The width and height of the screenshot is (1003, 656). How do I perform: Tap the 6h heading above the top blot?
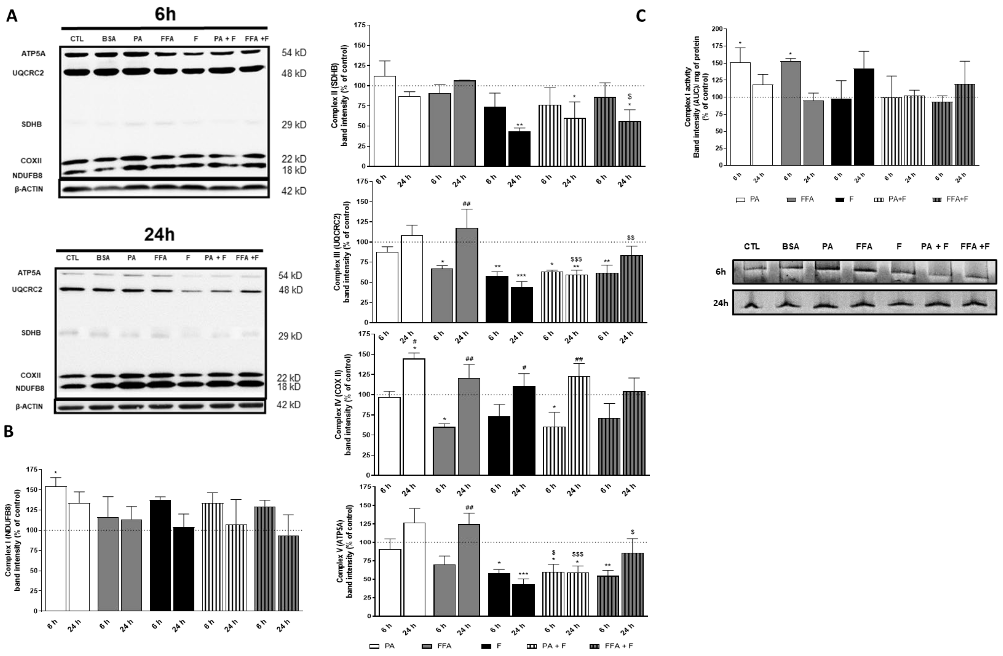165,14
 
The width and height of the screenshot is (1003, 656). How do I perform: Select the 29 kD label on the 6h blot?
294,125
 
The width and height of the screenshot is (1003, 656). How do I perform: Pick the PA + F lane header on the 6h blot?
224,39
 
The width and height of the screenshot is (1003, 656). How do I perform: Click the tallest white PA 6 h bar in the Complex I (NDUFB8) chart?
56,548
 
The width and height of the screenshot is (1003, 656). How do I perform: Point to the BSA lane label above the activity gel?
790,247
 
